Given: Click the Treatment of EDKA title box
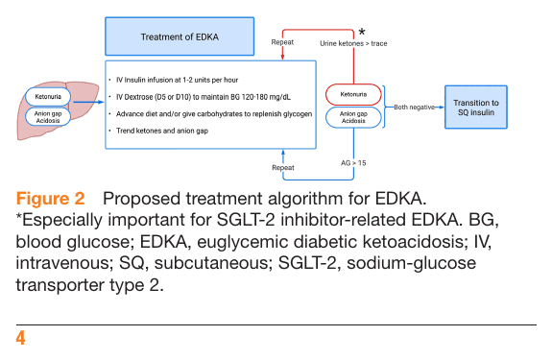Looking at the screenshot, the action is [x=180, y=36].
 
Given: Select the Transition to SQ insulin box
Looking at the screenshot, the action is [x=476, y=107].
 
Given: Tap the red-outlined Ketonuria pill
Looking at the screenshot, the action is [x=353, y=94].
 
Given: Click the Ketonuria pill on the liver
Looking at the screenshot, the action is [x=48, y=96].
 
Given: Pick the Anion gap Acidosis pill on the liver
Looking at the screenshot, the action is [x=48, y=117].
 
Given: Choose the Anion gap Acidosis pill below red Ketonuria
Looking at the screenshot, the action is [x=353, y=117].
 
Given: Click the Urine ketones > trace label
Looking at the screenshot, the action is [x=353, y=43].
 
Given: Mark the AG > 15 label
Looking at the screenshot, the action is [x=353, y=163].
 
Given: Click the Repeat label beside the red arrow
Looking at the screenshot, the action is [x=282, y=42].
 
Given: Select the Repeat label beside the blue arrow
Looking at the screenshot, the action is [x=283, y=167].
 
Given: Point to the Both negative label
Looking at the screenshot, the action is [x=414, y=107].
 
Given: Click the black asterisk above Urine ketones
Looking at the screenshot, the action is [x=362, y=33].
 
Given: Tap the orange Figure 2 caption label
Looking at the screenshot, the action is [x=50, y=199].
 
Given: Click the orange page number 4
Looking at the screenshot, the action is [x=20, y=338].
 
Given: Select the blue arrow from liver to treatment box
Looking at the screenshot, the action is [x=87, y=102].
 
